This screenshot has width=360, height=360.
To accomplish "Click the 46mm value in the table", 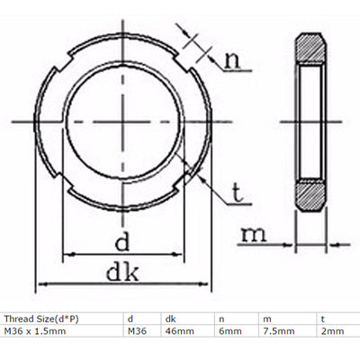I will coord(176,332).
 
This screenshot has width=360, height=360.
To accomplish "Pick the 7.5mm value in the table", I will coord(274,332).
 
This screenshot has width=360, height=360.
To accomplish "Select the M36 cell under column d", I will coord(138,332).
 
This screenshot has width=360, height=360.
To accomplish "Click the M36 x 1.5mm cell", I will coord(35,332).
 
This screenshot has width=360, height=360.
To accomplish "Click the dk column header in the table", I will coord(169,318).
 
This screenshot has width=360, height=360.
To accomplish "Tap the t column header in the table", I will coord(323,318).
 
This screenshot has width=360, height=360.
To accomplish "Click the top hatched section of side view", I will coord(310,48).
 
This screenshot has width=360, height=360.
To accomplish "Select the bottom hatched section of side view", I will coord(310,194).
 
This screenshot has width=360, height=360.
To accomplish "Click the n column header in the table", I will coord(220,318).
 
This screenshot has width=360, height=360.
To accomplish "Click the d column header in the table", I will coord(130,318).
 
